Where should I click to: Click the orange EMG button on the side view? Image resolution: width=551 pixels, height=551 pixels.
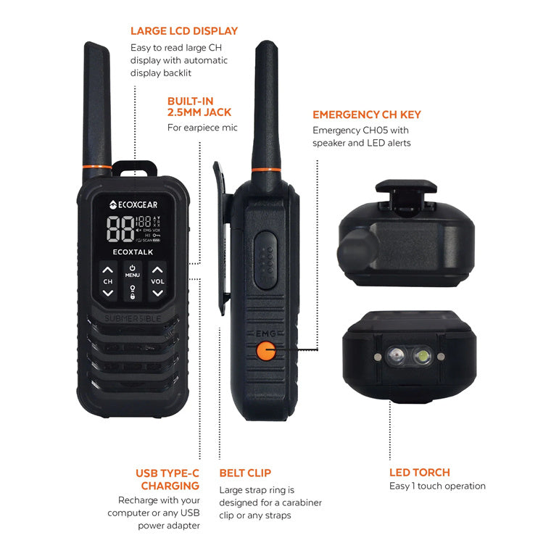265,352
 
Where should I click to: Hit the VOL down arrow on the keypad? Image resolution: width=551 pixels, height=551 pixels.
157,293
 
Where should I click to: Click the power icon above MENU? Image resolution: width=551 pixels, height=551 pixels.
132,267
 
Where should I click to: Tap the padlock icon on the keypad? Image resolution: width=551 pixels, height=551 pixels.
132,291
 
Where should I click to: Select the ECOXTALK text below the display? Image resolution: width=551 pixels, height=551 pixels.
133,252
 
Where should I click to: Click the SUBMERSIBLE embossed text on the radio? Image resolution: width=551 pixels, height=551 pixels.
133,318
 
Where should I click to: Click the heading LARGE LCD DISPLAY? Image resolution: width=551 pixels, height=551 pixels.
183,31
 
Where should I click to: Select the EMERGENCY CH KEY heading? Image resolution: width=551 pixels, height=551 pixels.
366,115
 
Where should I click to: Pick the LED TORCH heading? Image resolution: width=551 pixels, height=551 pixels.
419,472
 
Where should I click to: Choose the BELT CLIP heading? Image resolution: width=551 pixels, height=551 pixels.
245,473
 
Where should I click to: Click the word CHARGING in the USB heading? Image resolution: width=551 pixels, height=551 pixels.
170,486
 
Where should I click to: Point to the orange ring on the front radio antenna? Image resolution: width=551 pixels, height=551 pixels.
97,167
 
